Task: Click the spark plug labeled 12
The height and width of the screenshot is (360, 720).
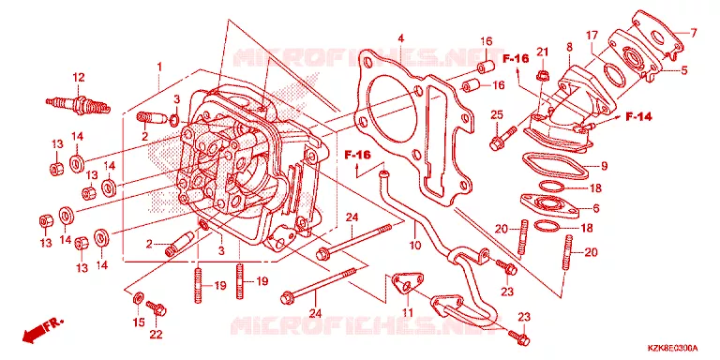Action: (79, 104)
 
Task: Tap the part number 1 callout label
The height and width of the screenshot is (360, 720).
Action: (159, 67)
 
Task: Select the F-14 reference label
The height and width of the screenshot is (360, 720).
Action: (638, 117)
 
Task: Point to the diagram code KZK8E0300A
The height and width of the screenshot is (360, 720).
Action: (672, 348)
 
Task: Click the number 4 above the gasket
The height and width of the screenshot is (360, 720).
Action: (400, 38)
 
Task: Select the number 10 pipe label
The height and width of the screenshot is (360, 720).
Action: (414, 246)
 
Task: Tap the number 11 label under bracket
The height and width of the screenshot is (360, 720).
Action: (407, 313)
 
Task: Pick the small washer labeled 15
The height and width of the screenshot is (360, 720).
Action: (137, 298)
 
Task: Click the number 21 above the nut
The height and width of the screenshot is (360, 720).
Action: (543, 52)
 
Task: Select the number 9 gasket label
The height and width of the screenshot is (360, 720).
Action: (604, 166)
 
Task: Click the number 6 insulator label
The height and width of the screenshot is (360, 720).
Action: (596, 208)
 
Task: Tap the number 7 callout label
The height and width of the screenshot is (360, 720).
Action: (694, 33)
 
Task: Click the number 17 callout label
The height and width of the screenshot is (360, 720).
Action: (592, 36)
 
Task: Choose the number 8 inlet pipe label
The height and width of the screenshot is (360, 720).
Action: (569, 47)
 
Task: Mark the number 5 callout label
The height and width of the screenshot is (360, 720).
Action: (684, 70)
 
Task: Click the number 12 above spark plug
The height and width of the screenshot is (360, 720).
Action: (79, 77)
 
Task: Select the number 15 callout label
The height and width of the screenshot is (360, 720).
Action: (139, 322)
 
